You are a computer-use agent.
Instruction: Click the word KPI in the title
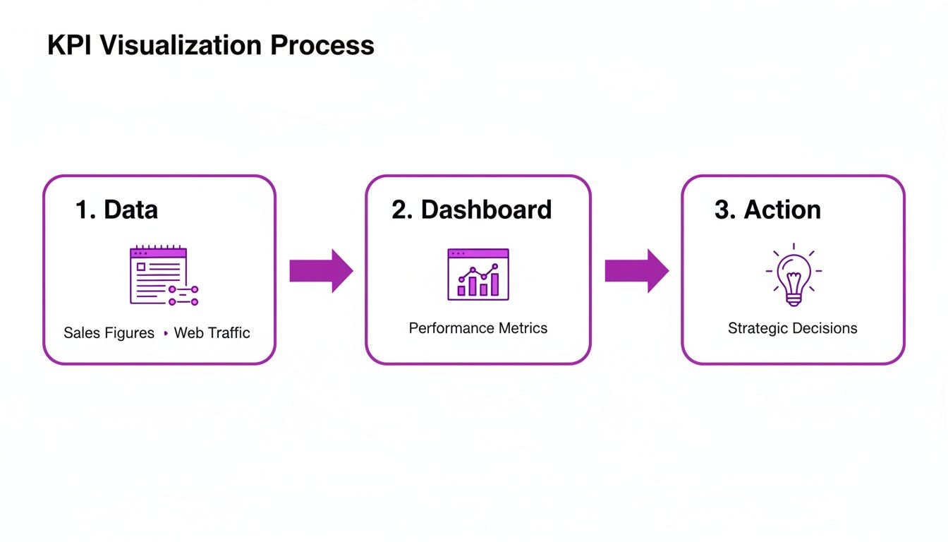pyautogui.click(x=70, y=45)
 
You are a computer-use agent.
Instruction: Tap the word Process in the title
pyautogui.click(x=322, y=45)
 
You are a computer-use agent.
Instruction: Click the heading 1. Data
pyautogui.click(x=116, y=210)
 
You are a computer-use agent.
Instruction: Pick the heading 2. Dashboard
pyautogui.click(x=471, y=210)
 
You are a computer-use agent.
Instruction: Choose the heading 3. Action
pyautogui.click(x=767, y=210)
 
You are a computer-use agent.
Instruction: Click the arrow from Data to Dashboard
pyautogui.click(x=321, y=270)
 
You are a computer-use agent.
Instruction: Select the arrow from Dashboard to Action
pyautogui.click(x=636, y=270)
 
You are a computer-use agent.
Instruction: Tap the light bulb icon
pyautogui.click(x=794, y=275)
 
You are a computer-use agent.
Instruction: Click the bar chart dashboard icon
pyautogui.click(x=478, y=274)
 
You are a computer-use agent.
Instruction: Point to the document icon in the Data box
pyautogui.click(x=159, y=275)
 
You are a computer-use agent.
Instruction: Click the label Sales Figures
pyautogui.click(x=109, y=333)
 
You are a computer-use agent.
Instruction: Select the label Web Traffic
pyautogui.click(x=212, y=333)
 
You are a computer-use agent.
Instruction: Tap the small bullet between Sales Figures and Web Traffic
pyautogui.click(x=165, y=333)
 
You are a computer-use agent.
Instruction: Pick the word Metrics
pyautogui.click(x=523, y=328)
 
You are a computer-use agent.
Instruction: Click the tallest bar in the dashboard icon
pyautogui.click(x=494, y=284)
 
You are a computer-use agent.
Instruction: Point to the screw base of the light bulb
pyautogui.click(x=794, y=299)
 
